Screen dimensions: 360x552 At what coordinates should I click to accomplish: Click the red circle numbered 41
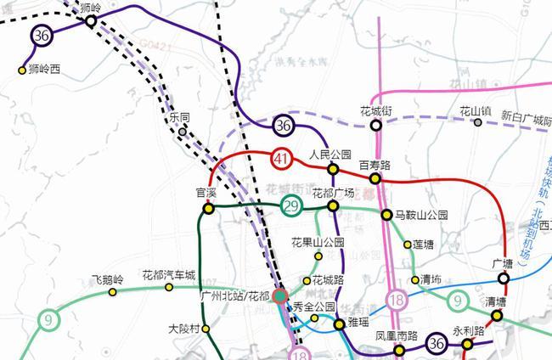[x=283, y=158]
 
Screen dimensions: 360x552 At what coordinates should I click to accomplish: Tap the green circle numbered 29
[x=292, y=206]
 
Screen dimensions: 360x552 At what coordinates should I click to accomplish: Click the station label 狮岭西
[x=46, y=70]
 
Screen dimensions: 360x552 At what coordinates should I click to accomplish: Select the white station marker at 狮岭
[x=89, y=21]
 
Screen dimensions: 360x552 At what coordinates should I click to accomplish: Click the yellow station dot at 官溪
[x=208, y=208]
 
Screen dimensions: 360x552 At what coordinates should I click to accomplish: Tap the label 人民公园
[x=330, y=155]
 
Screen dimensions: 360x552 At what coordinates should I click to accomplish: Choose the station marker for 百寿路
[x=375, y=179]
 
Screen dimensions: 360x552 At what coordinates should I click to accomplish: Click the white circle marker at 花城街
[x=376, y=125]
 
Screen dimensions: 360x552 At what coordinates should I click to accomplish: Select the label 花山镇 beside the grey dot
[x=476, y=110]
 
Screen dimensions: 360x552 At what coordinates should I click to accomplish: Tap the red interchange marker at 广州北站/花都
[x=280, y=297]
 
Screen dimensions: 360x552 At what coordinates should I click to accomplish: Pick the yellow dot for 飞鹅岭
[x=112, y=293]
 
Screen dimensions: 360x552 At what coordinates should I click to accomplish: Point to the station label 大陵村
[x=183, y=329]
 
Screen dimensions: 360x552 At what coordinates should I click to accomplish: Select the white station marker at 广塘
[x=504, y=278]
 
